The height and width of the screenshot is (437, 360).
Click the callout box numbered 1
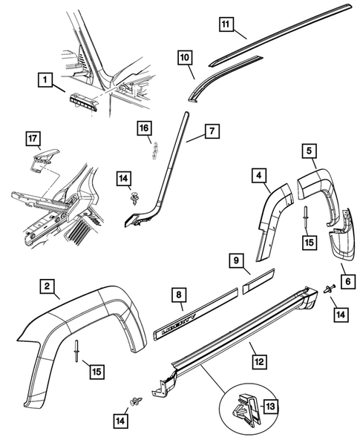pyautogui.click(x=46, y=78)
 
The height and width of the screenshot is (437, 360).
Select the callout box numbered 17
pyautogui.click(x=33, y=138)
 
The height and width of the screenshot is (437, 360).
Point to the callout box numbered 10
pyautogui.click(x=185, y=57)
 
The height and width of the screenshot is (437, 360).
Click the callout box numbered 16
pyautogui.click(x=143, y=130)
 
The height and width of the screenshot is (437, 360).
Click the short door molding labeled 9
pyautogui.click(x=260, y=282)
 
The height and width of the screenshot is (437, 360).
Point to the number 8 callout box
pyautogui.click(x=178, y=295)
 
